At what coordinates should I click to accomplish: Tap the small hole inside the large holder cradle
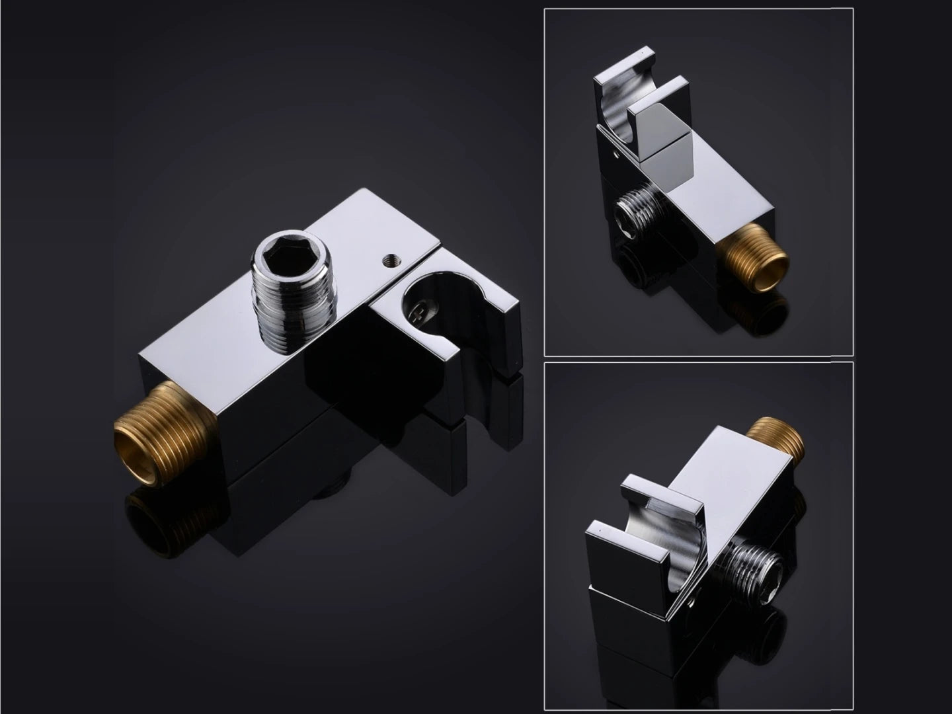pyautogui.click(x=418, y=311)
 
